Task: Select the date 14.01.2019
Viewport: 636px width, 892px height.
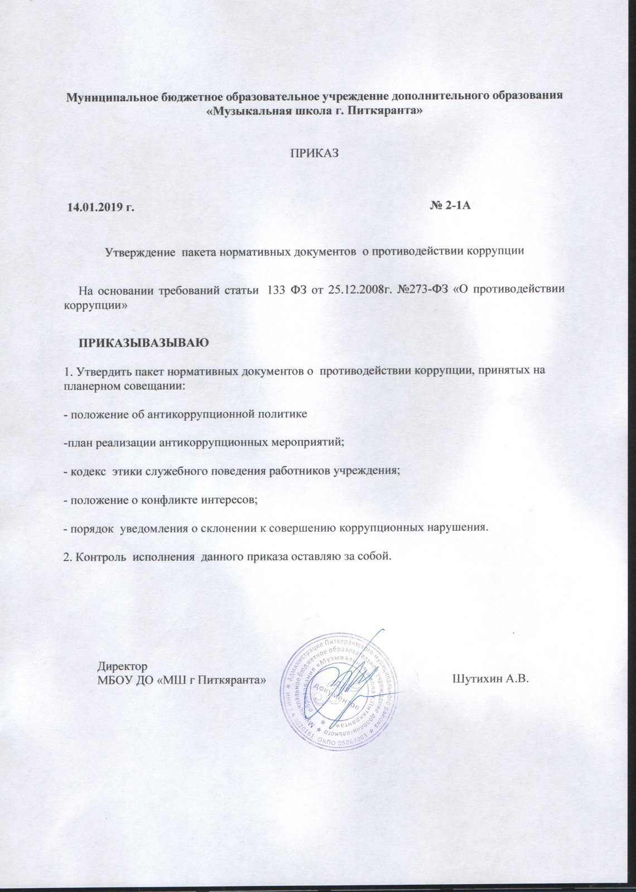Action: pos(97,208)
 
